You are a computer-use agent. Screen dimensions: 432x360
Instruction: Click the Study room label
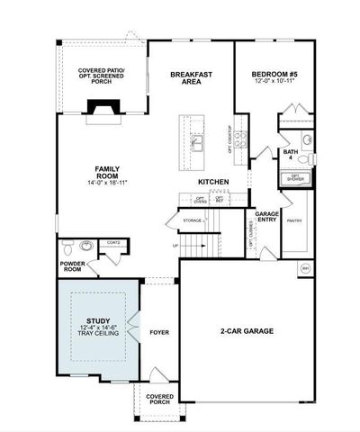coord(98,320)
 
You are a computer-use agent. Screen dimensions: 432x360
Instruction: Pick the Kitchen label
coord(213,182)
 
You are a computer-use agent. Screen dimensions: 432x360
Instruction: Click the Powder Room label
coord(72,266)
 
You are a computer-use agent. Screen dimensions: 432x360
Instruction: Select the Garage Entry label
coord(266,217)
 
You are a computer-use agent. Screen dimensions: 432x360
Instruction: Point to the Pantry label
coord(293,220)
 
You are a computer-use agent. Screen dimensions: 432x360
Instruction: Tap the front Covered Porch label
coord(160,399)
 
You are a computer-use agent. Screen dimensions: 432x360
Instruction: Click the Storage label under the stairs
coord(192,220)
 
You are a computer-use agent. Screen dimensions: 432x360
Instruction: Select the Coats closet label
coord(113,241)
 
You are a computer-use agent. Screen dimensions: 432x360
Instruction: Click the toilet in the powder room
coord(68,247)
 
